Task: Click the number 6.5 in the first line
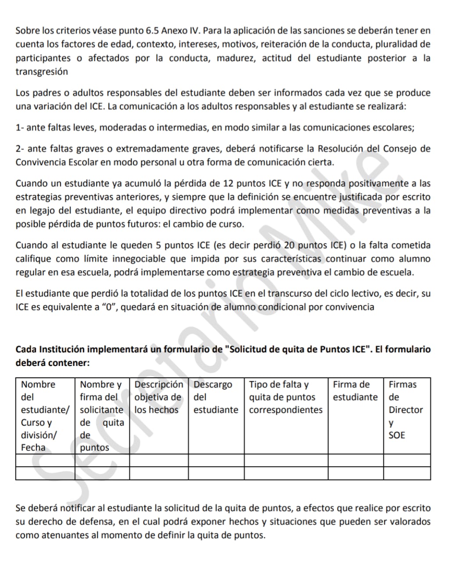pyautogui.click(x=152, y=31)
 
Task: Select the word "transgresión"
pyautogui.click(x=42, y=72)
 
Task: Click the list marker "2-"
pyautogui.click(x=20, y=149)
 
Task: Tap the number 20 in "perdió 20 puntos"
pyautogui.click(x=289, y=245)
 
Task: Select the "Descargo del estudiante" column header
pyautogui.click(x=216, y=397)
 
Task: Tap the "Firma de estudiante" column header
pyautogui.click(x=355, y=391)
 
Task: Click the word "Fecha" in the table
pyautogui.click(x=33, y=447)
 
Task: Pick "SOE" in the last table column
pyautogui.click(x=397, y=435)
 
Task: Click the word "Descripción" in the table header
pyautogui.click(x=158, y=384)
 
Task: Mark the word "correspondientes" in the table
pyautogui.click(x=286, y=410)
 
